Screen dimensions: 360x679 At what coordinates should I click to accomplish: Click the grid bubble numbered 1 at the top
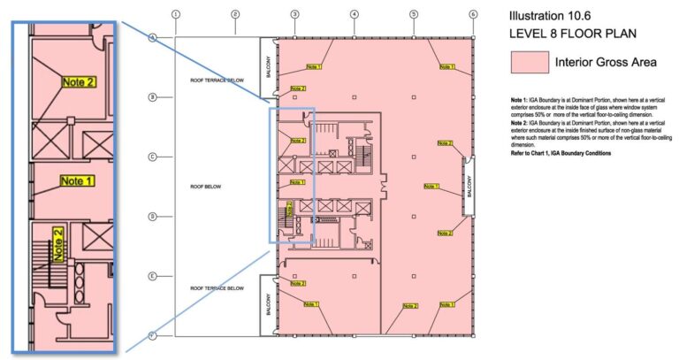click(176, 14)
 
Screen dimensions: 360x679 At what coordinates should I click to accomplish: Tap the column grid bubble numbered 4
click(354, 14)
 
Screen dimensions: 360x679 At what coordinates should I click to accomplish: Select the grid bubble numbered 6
click(473, 14)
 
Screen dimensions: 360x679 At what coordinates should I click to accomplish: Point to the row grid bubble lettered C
click(152, 157)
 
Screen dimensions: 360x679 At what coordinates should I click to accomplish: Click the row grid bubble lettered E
click(152, 276)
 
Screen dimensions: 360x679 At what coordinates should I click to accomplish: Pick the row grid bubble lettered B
click(152, 97)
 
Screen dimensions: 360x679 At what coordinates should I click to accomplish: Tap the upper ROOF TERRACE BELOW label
click(217, 80)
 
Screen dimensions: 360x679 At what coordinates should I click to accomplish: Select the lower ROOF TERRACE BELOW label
click(217, 287)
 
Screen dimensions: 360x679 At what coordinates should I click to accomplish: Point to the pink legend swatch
click(527, 63)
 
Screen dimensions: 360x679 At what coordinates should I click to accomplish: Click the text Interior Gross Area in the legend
click(605, 63)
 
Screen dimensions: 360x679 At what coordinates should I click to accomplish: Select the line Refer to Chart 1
click(561, 153)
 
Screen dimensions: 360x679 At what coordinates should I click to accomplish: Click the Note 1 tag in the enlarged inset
click(77, 180)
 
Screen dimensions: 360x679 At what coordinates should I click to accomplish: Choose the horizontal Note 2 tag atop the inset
click(78, 81)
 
